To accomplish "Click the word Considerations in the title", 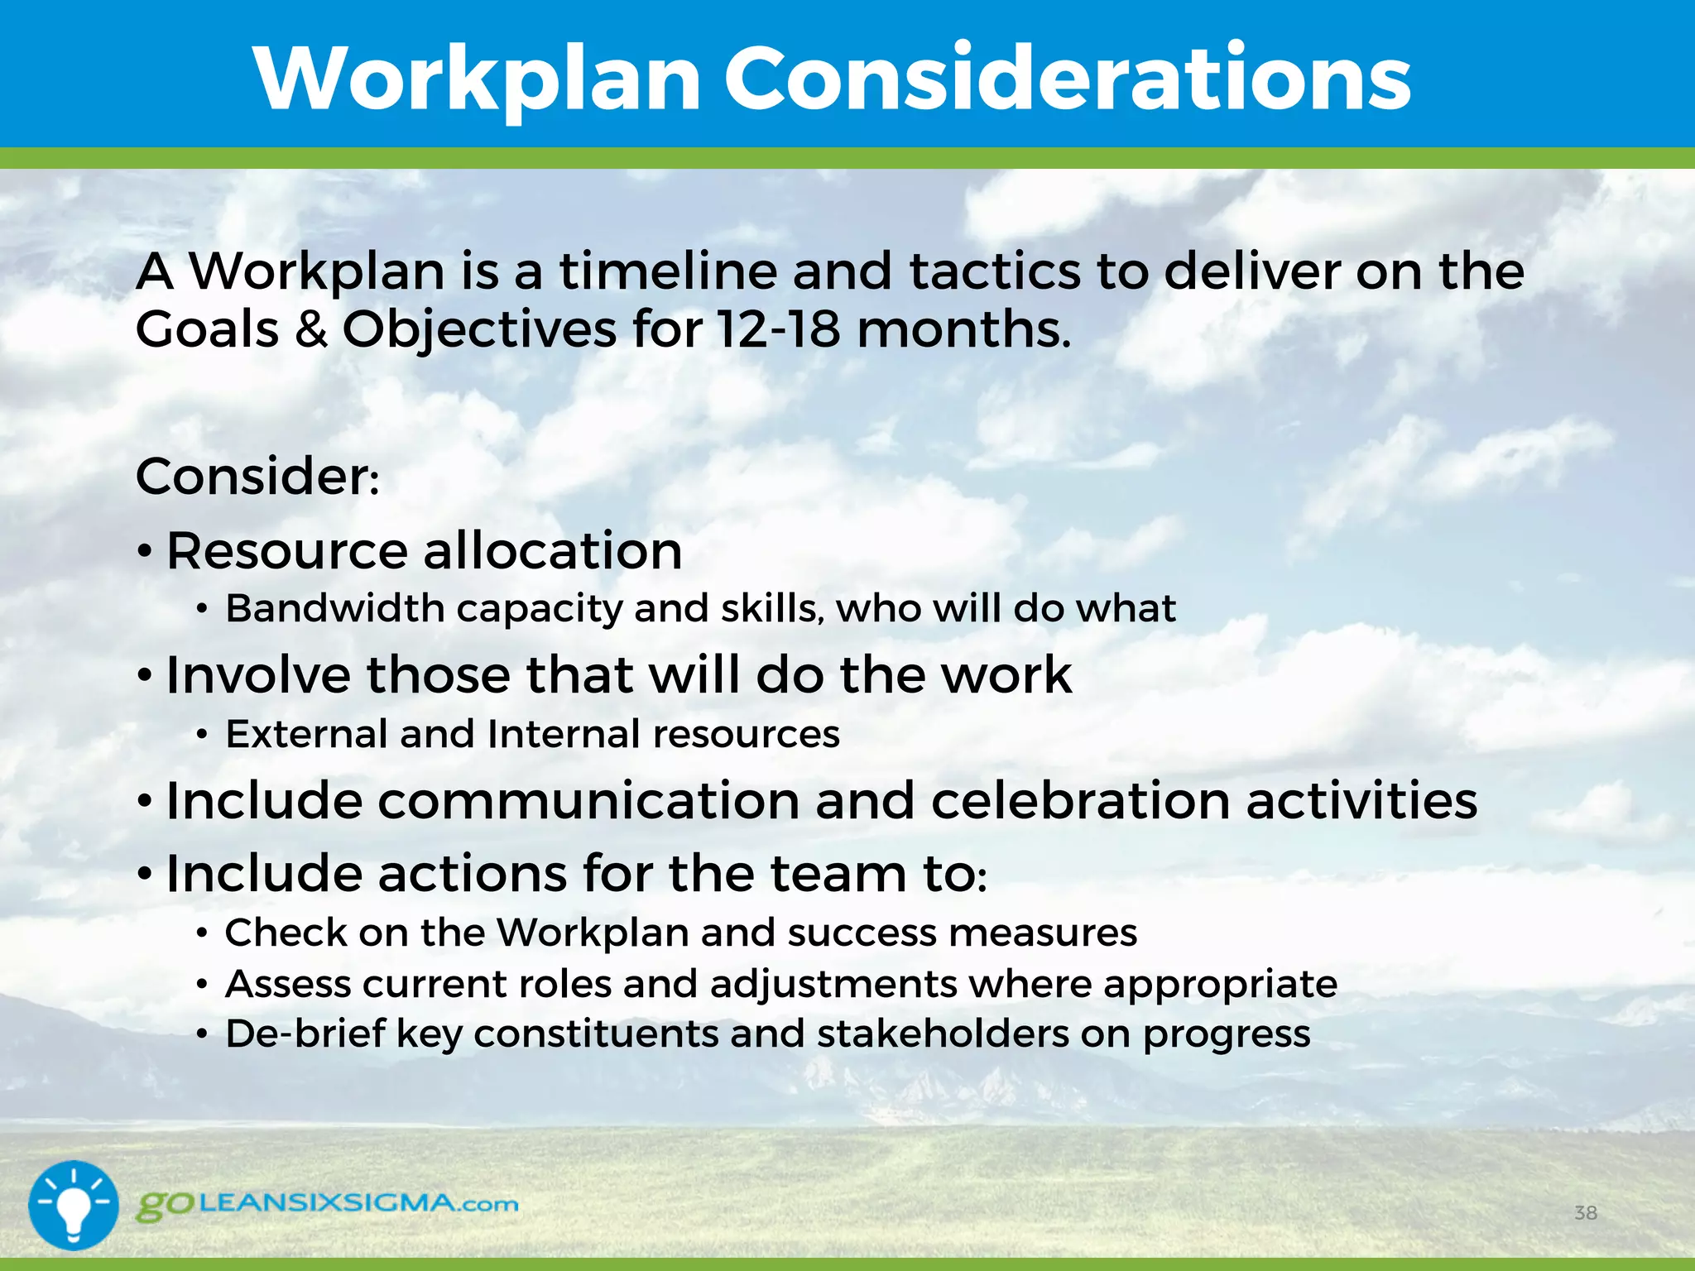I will pos(1068,79).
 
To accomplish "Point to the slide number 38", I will pos(1585,1213).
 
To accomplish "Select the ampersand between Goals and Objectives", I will pos(311,329).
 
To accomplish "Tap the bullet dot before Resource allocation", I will pos(146,552).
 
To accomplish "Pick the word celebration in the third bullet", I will pos(1080,800).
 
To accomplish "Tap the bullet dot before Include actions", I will pos(146,874).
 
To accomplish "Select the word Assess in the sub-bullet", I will pos(287,984).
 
